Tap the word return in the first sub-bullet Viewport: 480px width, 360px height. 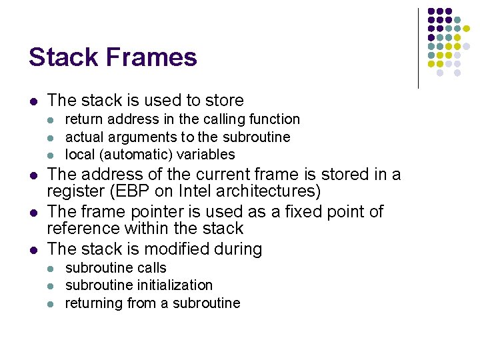pyautogui.click(x=82, y=119)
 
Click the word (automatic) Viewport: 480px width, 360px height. pyautogui.click(x=126, y=155)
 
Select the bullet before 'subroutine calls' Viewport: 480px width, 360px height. pyautogui.click(x=53, y=269)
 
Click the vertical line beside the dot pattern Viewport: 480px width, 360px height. pyautogui.click(x=418, y=48)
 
